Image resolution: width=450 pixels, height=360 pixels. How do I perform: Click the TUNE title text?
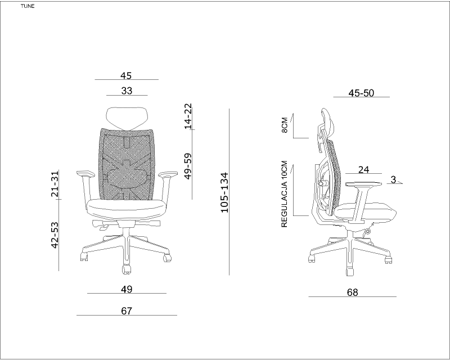point(28,6)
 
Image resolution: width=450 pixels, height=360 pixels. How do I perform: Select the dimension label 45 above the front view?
point(126,75)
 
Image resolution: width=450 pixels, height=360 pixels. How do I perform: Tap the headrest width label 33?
point(127,91)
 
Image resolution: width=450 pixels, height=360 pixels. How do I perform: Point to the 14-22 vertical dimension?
point(188,116)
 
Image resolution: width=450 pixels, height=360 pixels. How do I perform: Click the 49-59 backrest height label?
point(188,166)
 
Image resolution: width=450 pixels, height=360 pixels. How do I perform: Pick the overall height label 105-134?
point(224,192)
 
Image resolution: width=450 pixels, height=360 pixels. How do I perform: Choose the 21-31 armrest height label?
point(55,184)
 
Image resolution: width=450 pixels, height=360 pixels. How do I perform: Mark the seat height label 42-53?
point(55,235)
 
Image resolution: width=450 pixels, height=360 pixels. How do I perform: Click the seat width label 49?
point(127,289)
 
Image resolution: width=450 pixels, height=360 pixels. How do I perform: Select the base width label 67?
point(127,311)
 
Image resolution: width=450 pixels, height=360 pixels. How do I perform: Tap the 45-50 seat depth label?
point(361,93)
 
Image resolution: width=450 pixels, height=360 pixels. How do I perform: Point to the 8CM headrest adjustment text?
point(285,125)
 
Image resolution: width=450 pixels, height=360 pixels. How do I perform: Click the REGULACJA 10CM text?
point(285,194)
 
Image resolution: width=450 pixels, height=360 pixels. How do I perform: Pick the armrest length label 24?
point(363,170)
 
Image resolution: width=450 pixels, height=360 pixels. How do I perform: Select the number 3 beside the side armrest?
point(393,179)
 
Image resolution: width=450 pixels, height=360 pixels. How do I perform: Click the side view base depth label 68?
point(353,292)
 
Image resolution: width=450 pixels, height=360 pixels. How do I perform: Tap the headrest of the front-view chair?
point(127,118)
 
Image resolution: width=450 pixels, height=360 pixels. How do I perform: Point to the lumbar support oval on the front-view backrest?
point(127,175)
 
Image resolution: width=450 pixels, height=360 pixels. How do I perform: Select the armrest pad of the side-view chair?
point(364,184)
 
